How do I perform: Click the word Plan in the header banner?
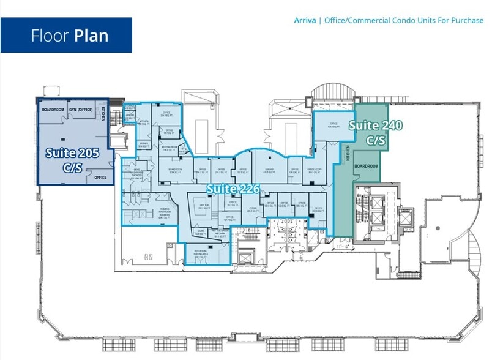[x=91, y=35]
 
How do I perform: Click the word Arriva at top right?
[x=305, y=20]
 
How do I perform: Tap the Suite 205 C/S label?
[x=69, y=158]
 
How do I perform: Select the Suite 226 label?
[x=233, y=189]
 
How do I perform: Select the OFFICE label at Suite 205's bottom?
[x=100, y=178]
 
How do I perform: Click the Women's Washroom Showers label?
[x=165, y=212]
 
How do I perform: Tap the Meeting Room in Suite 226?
[x=170, y=148]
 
